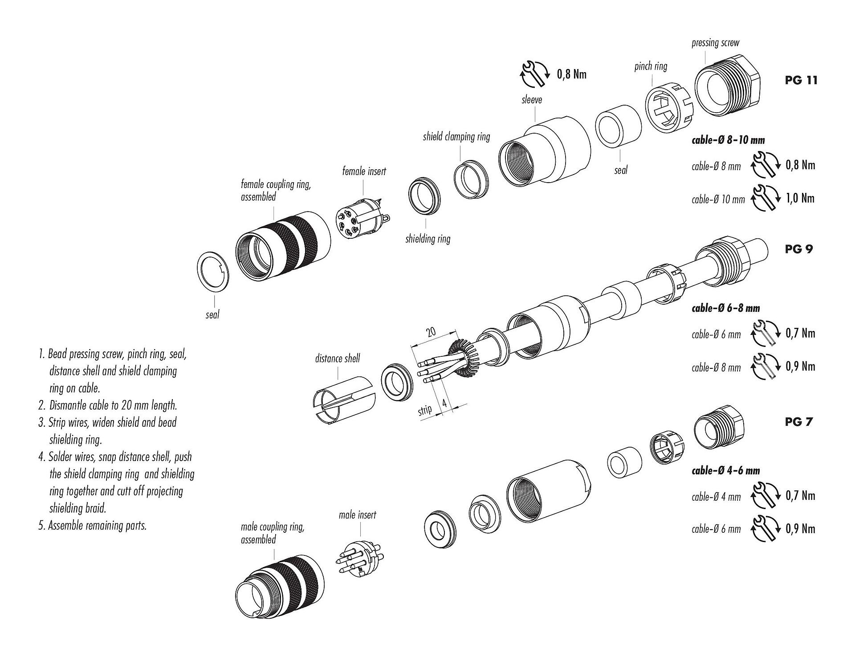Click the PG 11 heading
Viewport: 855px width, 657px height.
tap(801, 81)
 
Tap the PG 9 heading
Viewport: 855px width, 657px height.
tap(798, 249)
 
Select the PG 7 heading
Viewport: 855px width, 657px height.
tap(798, 421)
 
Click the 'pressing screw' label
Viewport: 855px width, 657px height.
tap(715, 43)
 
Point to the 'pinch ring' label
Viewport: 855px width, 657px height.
tap(651, 66)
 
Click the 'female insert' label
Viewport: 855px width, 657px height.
tap(364, 171)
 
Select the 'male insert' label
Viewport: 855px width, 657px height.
tap(357, 515)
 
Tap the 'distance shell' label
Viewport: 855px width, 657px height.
tap(337, 359)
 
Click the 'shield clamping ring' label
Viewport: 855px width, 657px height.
tap(456, 136)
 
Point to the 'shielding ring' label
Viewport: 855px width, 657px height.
tap(427, 239)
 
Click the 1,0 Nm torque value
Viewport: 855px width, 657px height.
tap(800, 198)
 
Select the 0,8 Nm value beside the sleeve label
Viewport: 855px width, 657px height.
tap(572, 74)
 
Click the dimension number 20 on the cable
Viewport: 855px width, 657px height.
tap(431, 332)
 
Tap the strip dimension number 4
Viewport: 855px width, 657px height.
tap(444, 404)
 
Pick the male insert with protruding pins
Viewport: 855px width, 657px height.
tap(359, 559)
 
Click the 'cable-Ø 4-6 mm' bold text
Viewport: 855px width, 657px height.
tap(725, 471)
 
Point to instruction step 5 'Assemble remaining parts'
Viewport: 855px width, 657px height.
tap(93, 526)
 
